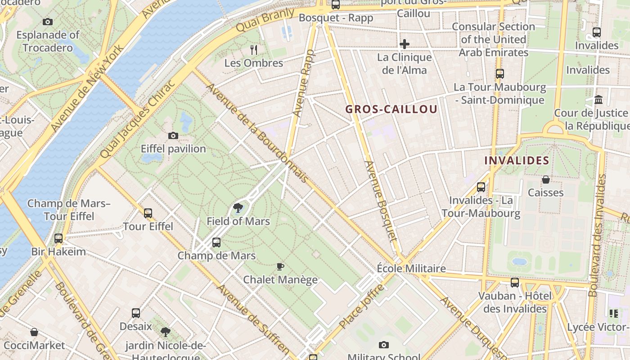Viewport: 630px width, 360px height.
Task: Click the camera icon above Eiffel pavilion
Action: point(173,135)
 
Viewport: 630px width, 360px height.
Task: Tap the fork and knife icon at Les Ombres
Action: point(254,49)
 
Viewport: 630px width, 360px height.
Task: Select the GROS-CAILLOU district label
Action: point(391,109)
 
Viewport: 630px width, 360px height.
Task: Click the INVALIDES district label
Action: point(517,160)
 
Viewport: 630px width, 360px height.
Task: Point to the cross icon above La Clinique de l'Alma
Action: point(405,44)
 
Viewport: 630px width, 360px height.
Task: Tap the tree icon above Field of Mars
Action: point(238,208)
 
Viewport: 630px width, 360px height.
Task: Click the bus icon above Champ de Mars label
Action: point(216,243)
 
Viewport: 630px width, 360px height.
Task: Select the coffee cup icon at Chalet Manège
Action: point(280,266)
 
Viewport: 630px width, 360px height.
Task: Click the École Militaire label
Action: point(411,269)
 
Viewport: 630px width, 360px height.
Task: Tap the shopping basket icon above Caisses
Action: point(546,180)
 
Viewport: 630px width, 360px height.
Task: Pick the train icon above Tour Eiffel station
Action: point(148,213)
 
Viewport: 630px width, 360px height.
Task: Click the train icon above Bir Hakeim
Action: point(58,238)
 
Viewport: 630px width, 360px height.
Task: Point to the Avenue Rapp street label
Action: point(304,83)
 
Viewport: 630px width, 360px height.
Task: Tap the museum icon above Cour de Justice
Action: point(598,99)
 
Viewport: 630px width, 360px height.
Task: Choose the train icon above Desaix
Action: point(136,313)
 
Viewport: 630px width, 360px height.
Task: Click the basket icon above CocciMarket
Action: point(34,333)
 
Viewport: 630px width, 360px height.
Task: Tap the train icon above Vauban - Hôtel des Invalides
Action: point(515,283)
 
